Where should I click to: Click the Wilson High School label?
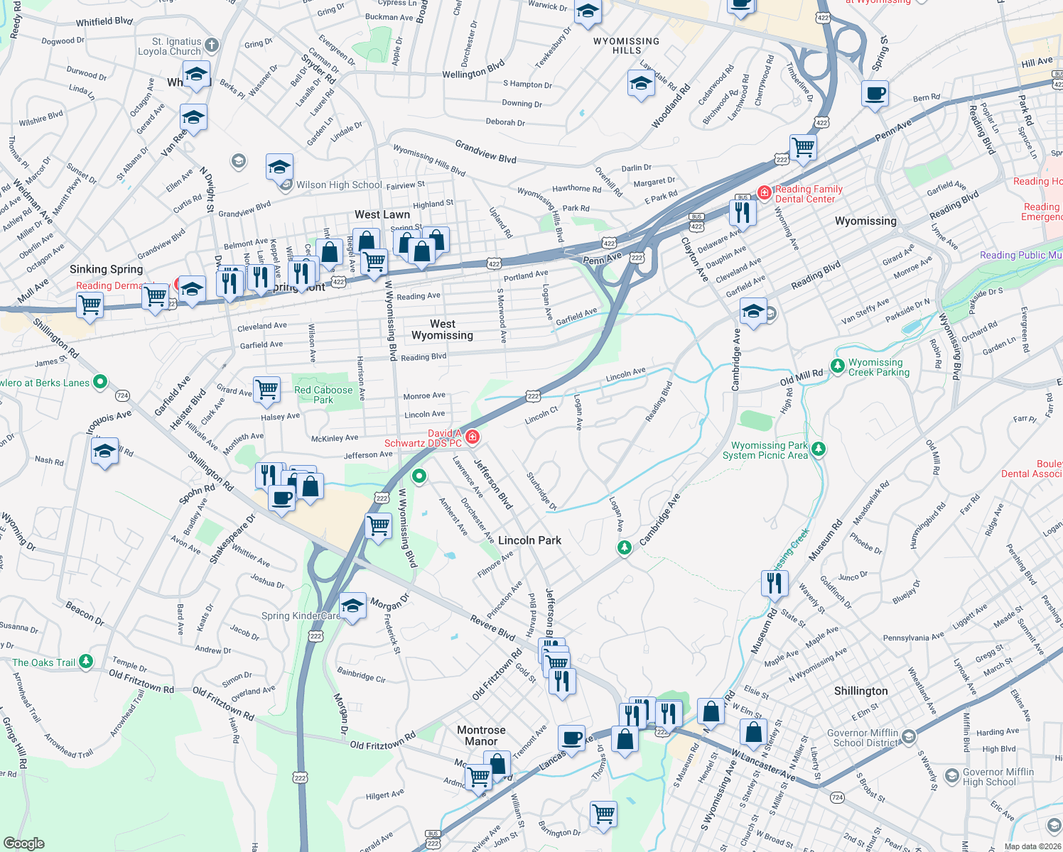339,185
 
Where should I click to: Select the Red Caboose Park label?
323,395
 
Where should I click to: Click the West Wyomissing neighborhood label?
442,329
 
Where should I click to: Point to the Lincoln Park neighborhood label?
529,540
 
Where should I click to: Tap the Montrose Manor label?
481,736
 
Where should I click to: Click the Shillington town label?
860,691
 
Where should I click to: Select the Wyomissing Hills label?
626,46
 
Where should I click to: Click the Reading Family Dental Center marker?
765,192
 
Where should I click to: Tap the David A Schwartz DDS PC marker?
472,436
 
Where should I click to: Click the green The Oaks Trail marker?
86,662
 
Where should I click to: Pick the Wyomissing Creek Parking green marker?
838,366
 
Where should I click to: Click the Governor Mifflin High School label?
998,777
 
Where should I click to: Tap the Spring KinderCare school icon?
352,606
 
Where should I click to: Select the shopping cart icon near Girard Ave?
266,388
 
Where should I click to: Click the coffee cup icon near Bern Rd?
875,93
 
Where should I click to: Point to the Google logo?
24,843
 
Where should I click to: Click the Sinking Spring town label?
106,269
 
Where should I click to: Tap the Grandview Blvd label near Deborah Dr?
485,151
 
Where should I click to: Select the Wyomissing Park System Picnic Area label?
765,450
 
